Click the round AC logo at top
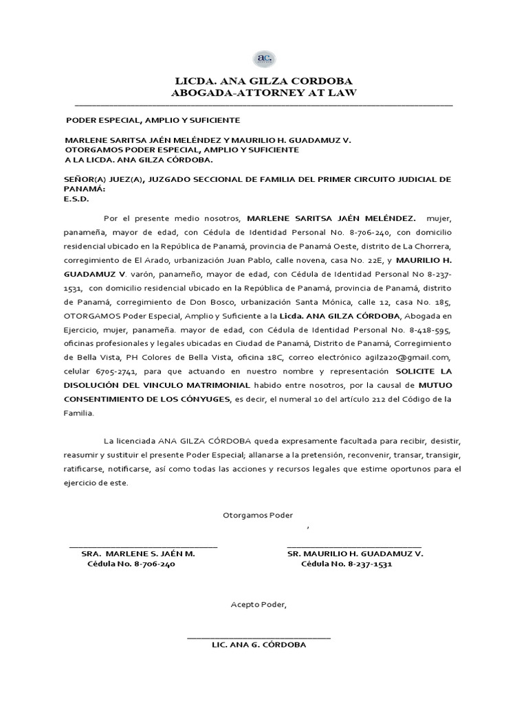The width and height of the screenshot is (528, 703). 264,58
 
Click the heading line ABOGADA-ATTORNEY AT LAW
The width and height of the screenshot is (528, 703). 264,93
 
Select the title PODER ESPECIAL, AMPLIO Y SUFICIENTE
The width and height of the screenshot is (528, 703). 152,120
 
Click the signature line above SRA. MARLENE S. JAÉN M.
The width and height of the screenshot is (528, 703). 144,546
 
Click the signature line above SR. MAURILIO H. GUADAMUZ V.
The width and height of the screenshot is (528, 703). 354,546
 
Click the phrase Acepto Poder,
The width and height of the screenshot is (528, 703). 258,605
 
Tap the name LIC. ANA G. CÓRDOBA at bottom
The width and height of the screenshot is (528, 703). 258,645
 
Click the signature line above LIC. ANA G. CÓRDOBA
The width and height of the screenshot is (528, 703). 258,638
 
